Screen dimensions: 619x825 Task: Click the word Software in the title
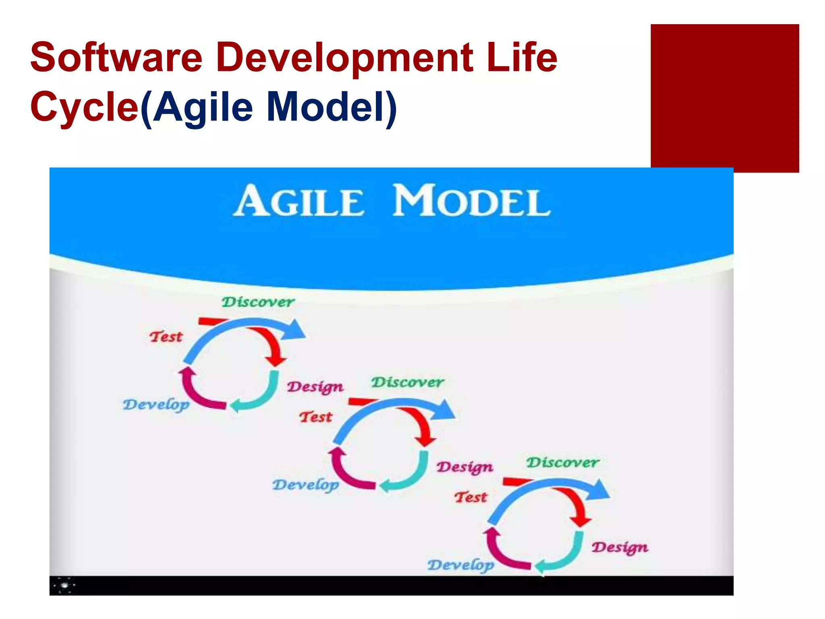pos(116,58)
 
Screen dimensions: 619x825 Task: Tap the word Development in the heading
pos(345,58)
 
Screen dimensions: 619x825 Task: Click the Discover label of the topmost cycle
pos(258,302)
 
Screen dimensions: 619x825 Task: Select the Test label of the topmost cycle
pos(166,337)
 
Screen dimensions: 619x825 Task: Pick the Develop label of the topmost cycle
pos(156,405)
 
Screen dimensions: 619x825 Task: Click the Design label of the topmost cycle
pos(315,387)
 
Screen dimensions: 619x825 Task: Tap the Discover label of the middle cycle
pos(407,382)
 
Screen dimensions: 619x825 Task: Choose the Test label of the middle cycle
pos(315,417)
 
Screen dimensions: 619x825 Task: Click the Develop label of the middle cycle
pos(306,485)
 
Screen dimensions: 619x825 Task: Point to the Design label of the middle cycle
pos(464,467)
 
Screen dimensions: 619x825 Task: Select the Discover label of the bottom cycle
pos(563,462)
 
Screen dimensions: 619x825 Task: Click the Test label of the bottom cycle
pos(471,497)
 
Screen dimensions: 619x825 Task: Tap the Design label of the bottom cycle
pos(620,547)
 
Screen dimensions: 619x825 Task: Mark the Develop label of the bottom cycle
pos(461,565)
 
